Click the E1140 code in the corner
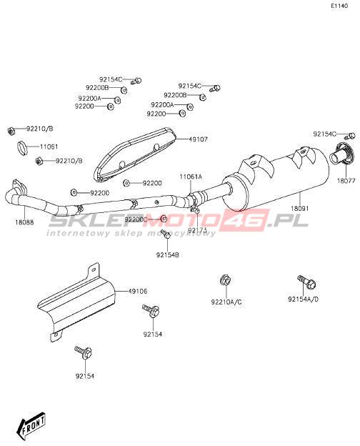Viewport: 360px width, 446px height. (x=339, y=6)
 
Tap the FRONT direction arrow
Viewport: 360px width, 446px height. (x=31, y=423)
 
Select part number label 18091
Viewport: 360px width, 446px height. (x=299, y=209)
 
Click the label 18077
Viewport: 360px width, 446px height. (x=346, y=181)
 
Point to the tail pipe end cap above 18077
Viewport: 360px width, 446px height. (x=341, y=154)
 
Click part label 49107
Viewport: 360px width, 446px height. (x=198, y=139)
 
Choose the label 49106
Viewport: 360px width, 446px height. (x=138, y=292)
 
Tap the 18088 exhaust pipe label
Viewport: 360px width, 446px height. (x=24, y=222)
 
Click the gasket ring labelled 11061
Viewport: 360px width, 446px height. (x=22, y=148)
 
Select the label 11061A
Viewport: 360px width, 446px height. (x=191, y=177)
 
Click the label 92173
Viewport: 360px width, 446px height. (x=197, y=229)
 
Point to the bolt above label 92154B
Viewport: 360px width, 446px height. (x=166, y=234)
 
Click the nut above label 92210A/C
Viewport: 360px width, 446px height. (x=225, y=280)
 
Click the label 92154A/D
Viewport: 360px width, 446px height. (x=303, y=299)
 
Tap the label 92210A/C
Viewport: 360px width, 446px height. (x=226, y=302)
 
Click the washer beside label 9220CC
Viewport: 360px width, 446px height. (x=164, y=219)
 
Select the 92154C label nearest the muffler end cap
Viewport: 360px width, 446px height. (x=325, y=134)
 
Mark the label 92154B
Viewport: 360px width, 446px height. (x=167, y=255)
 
